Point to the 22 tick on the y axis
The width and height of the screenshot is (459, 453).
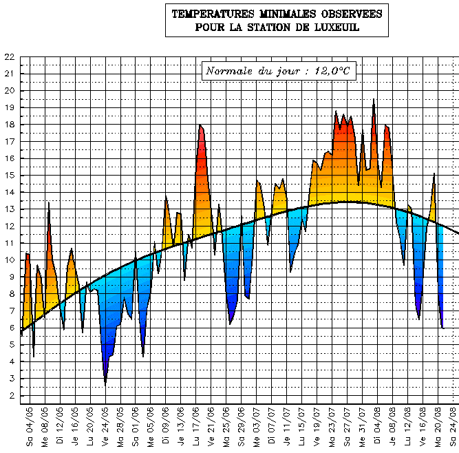tap(8, 57)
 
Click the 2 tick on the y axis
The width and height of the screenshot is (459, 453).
tap(11, 396)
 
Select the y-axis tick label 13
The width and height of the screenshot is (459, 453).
tap(8, 209)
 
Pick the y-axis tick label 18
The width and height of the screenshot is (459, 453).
tap(8, 125)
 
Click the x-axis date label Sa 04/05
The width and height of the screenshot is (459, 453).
tap(30, 427)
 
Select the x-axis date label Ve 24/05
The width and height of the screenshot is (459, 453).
tap(105, 427)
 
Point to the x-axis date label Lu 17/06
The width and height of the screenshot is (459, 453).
tap(195, 427)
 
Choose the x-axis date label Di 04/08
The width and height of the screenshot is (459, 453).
tap(376, 427)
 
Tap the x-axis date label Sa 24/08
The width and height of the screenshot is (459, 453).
tap(452, 427)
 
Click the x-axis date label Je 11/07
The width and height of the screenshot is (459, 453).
tap(286, 427)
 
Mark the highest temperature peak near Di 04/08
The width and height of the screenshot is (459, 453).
tap(374, 100)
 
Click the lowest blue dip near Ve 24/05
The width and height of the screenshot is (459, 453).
tap(105, 383)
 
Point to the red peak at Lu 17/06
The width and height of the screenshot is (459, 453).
tap(200, 125)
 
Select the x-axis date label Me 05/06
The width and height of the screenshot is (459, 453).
tap(151, 427)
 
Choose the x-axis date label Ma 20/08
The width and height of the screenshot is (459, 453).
tap(437, 427)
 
